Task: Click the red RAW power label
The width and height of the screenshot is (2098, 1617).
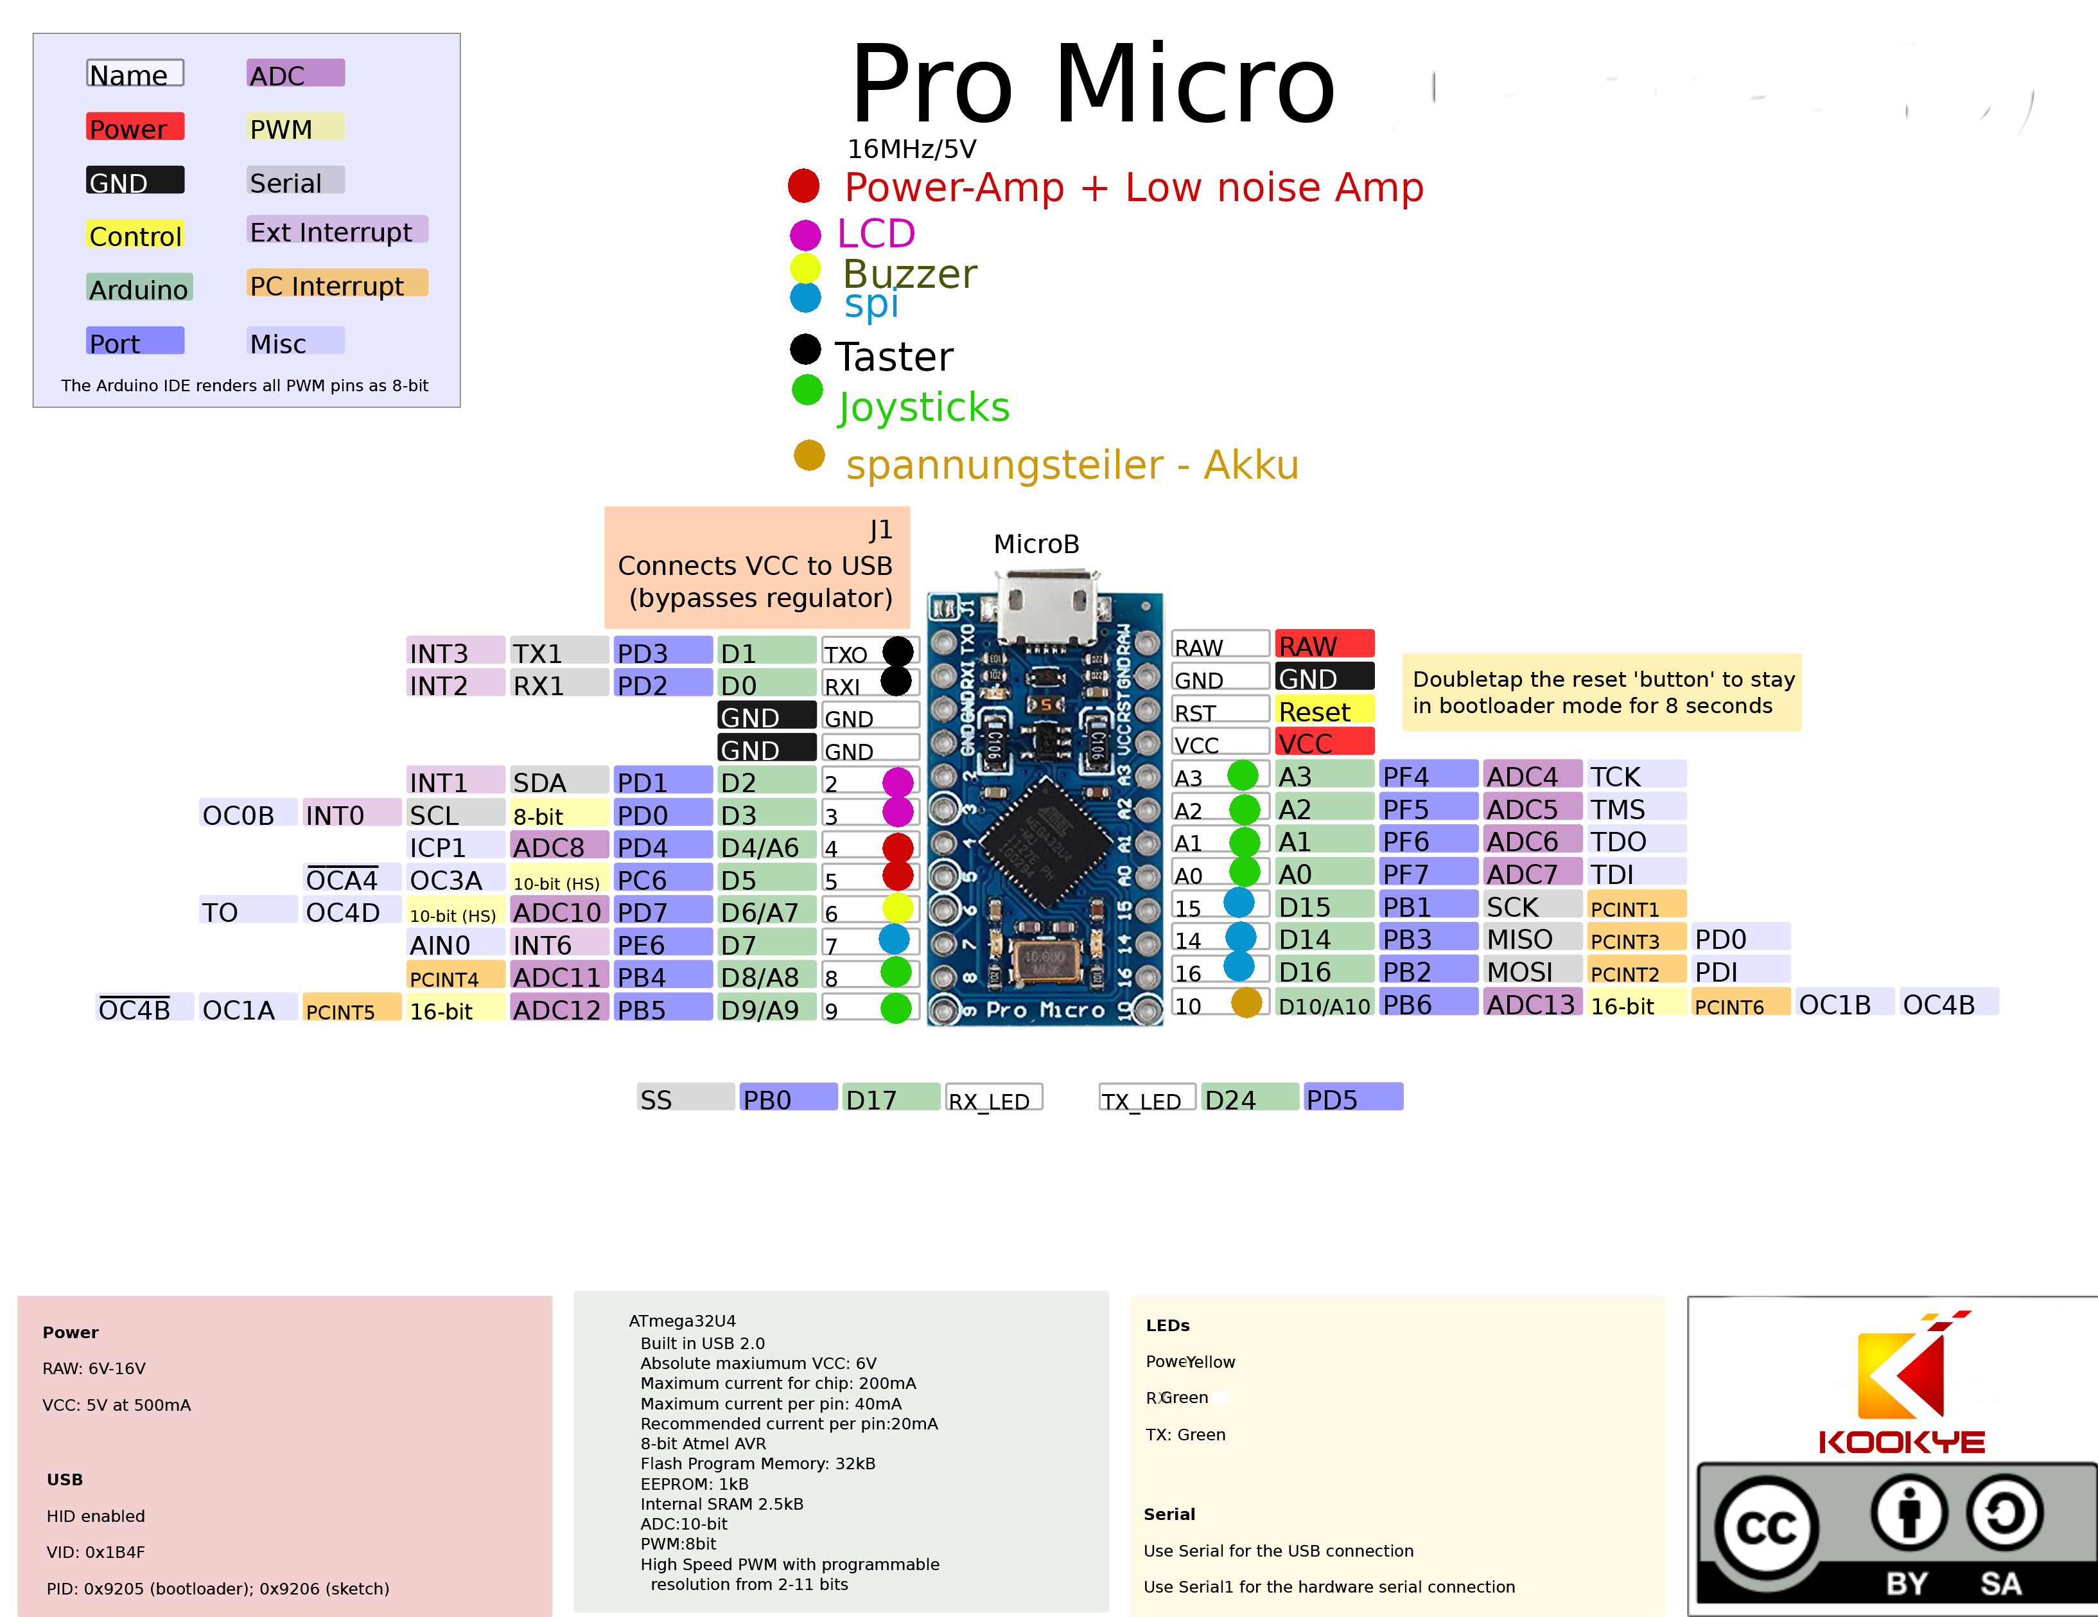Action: coord(1323,645)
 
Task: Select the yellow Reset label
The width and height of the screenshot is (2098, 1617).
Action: coord(1323,711)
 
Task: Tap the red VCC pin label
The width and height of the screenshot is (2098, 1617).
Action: coord(1323,743)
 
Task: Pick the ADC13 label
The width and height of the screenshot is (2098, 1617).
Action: coord(1531,1004)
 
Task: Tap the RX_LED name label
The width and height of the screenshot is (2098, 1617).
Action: coord(992,1099)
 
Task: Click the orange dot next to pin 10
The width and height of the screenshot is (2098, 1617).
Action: coord(1246,1003)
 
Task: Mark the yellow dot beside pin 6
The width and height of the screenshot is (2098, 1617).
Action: coord(897,908)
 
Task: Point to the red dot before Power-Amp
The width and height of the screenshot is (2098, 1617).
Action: coord(803,186)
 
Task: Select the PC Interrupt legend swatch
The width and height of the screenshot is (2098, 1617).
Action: coord(337,285)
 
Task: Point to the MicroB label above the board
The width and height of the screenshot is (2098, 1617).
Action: coord(1036,543)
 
